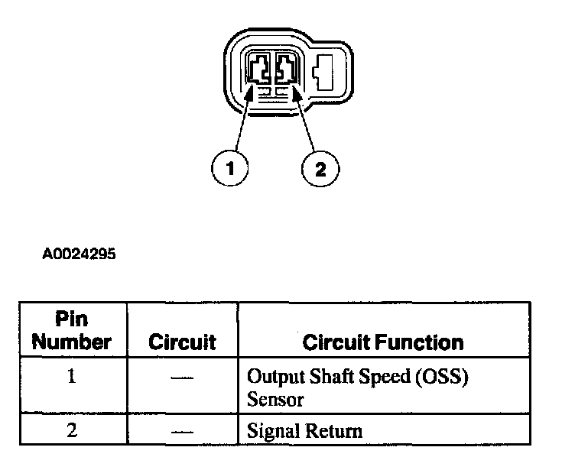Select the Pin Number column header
pos(72,330)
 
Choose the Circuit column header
pos(182,342)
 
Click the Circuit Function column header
pos(383,342)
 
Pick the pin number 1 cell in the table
pos(72,378)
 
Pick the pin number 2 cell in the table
pos(72,430)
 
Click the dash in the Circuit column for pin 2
pos(181,431)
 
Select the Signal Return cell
pos(304,431)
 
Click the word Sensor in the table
pos(275,399)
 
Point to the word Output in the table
pos(272,378)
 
